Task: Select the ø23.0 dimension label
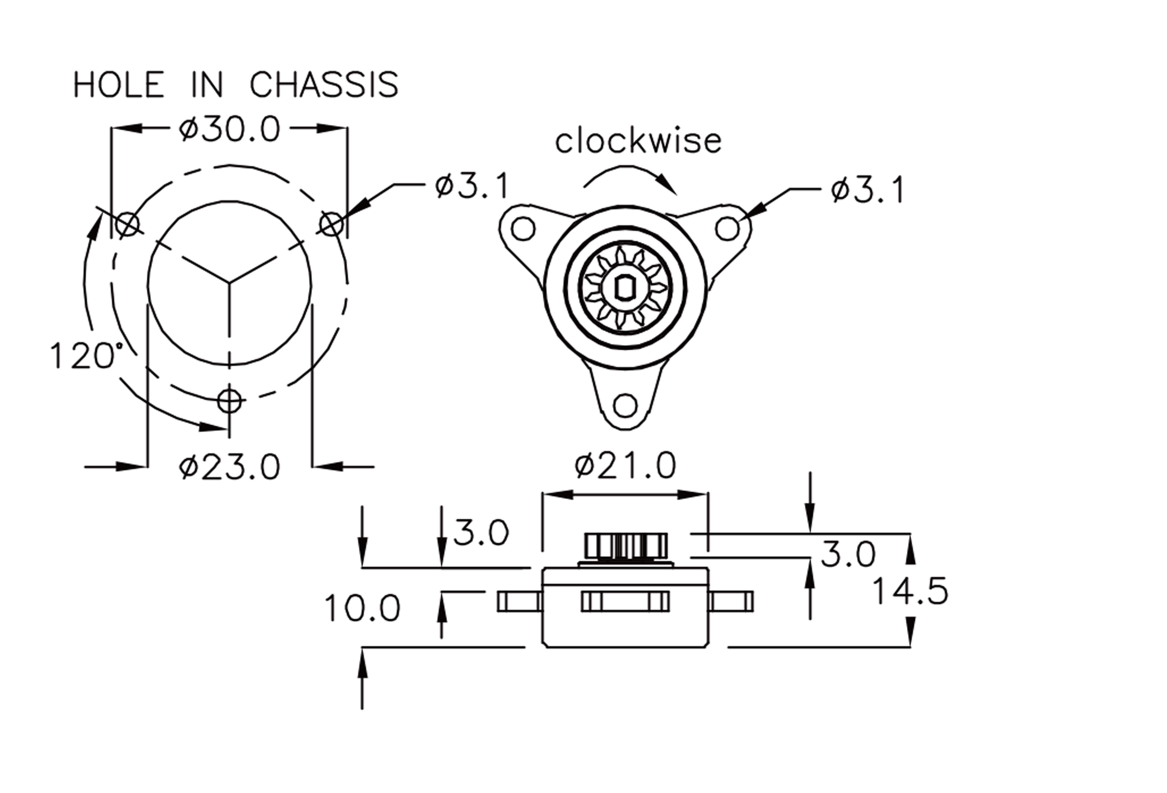[229, 467]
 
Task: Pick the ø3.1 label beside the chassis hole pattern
[472, 186]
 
